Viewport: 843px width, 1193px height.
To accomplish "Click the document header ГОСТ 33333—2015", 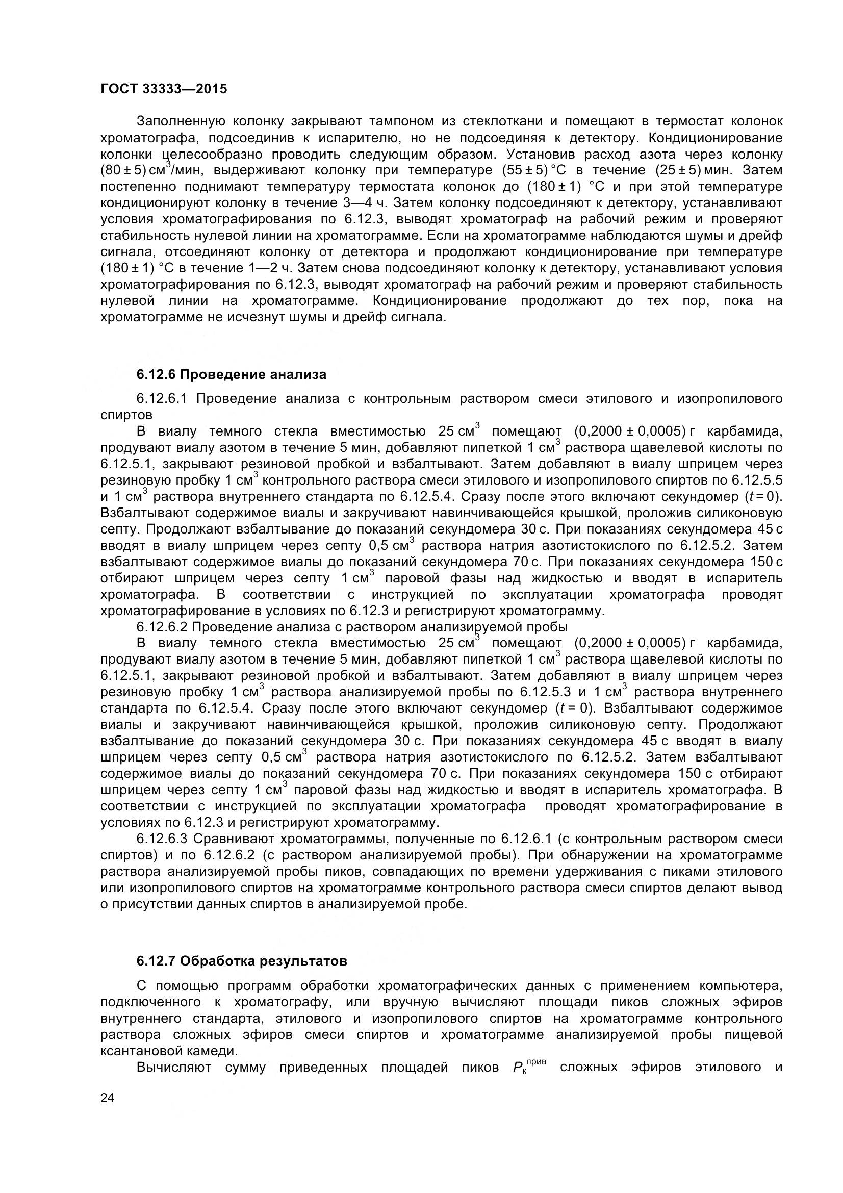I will tap(164, 89).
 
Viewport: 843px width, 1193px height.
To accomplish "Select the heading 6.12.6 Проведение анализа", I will tap(231, 374).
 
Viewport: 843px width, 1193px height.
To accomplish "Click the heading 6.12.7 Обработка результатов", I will tap(242, 961).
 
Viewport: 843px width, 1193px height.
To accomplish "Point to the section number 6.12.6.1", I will tap(164, 398).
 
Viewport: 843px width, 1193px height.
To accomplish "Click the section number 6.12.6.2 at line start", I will tap(164, 627).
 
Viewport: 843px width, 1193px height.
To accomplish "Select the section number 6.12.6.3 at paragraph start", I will tap(164, 839).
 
